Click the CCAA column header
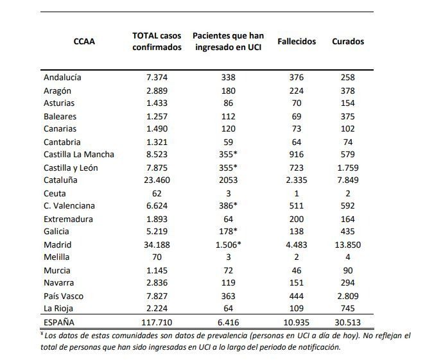point(84,42)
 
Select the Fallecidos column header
point(297,42)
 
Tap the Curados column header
point(348,42)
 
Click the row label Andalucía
point(62,78)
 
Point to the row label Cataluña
point(60,180)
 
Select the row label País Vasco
point(64,296)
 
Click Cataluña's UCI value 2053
point(229,180)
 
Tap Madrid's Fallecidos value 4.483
point(297,244)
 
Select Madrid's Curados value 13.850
point(348,244)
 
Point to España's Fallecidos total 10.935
point(297,322)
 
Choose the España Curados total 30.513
point(348,322)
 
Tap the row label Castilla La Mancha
point(79,155)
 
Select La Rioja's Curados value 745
point(348,309)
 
